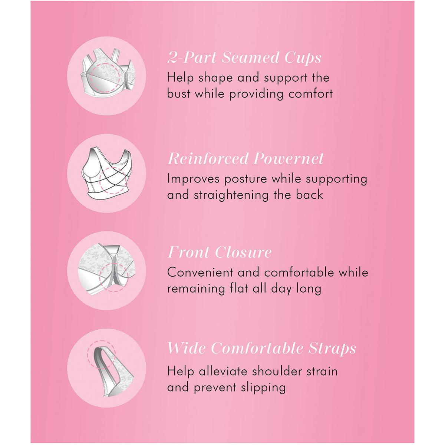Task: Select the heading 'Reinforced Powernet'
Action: tap(246, 159)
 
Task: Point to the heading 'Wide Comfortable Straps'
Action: tap(262, 348)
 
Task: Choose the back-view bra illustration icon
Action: tap(106, 174)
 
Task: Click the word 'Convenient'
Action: tap(200, 272)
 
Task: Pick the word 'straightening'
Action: tap(231, 195)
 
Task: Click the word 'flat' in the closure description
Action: tap(239, 288)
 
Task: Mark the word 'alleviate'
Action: tap(223, 371)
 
